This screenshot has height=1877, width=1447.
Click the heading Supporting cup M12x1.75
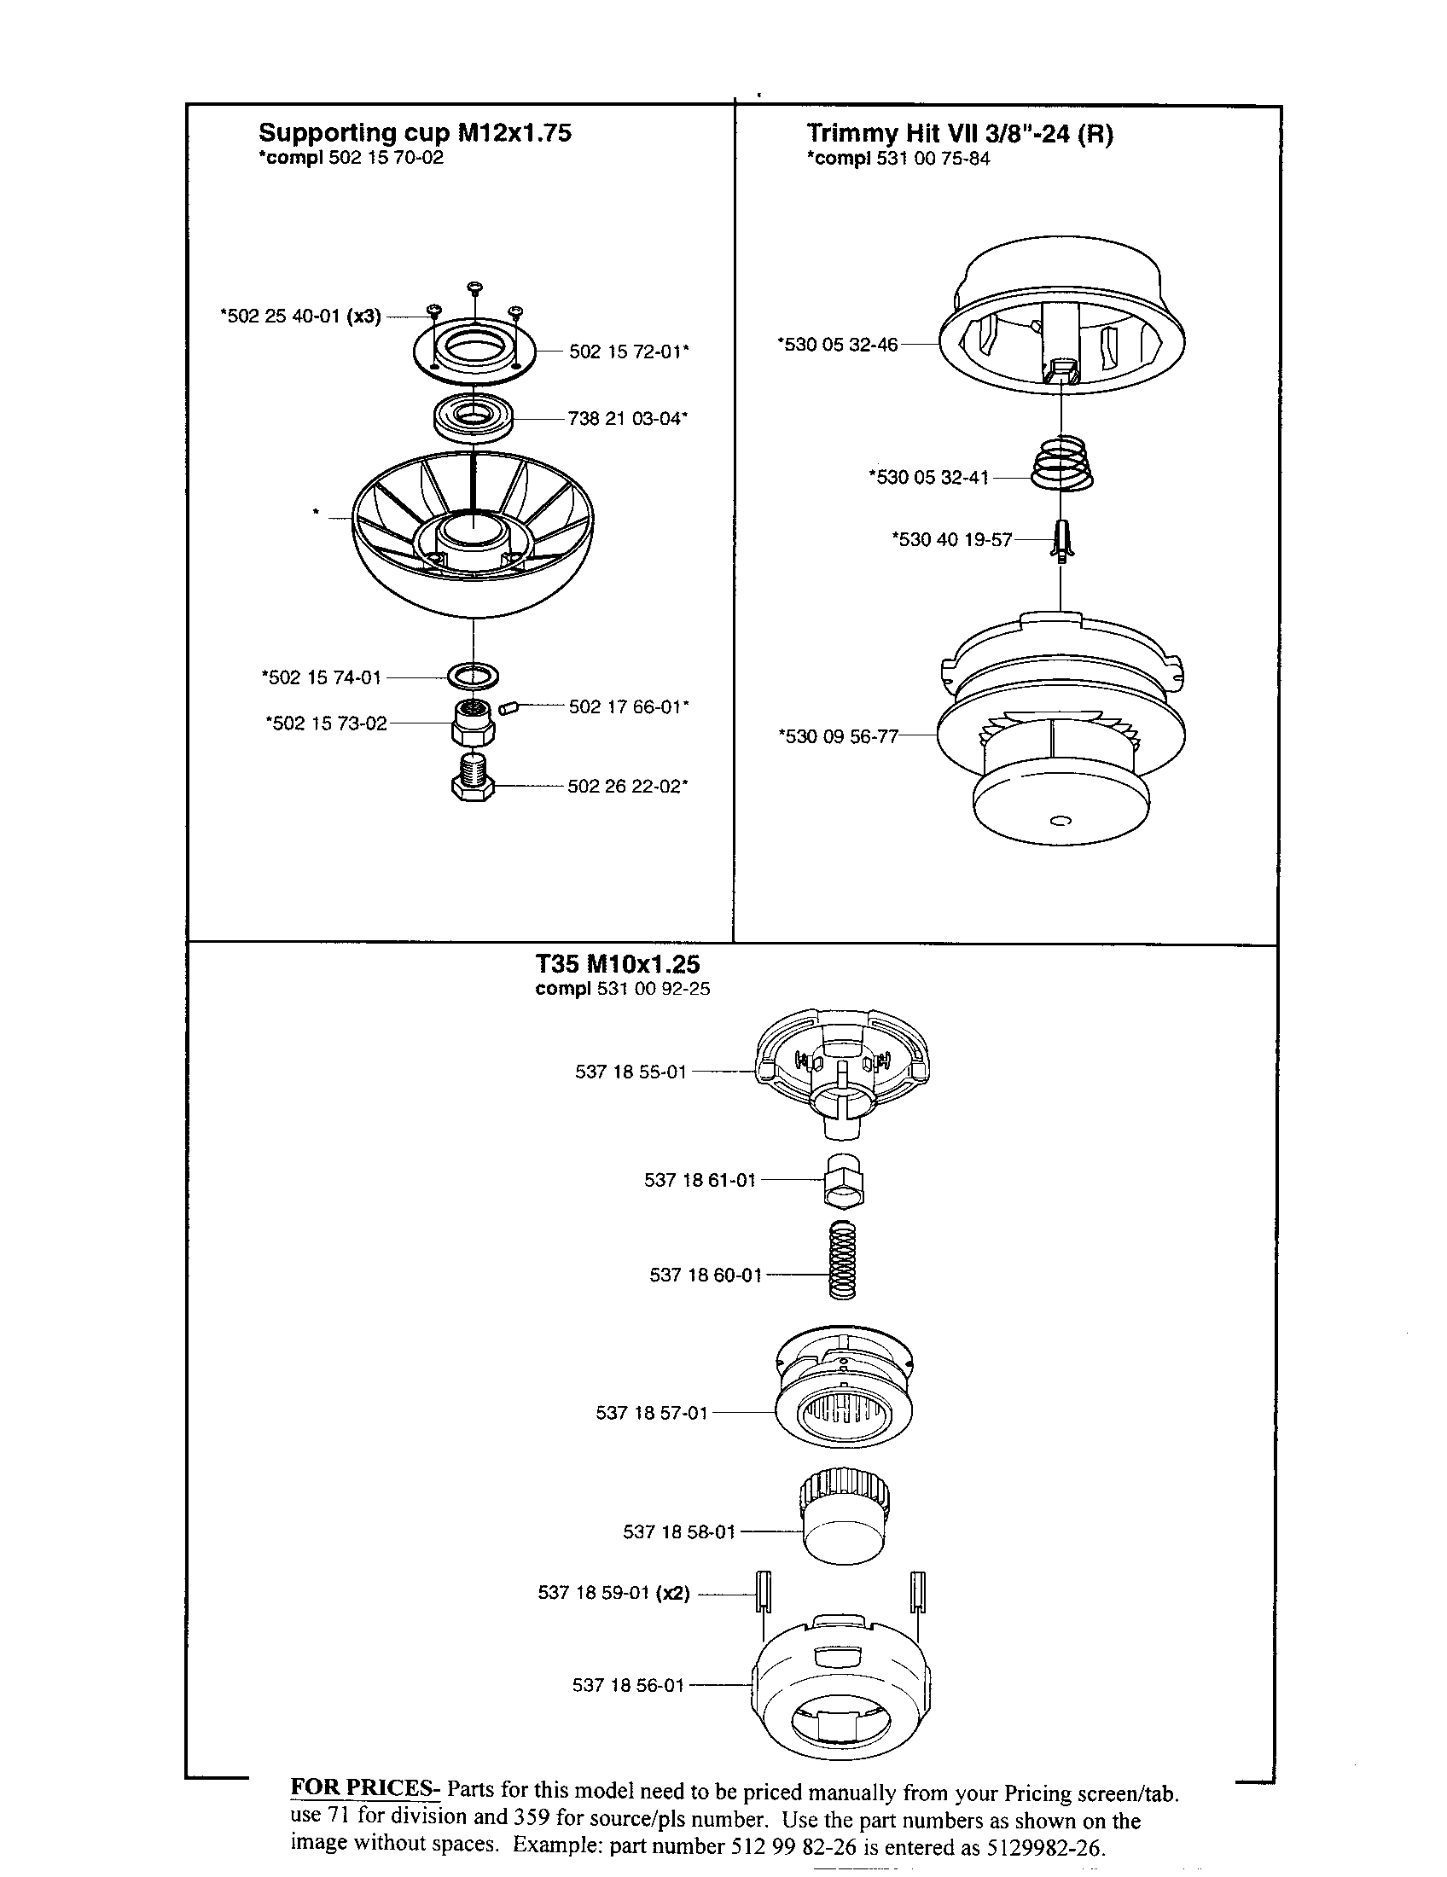(415, 133)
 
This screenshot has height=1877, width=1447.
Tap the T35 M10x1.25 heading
(618, 964)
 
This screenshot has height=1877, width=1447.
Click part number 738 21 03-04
(627, 420)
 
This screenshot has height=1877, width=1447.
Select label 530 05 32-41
(929, 477)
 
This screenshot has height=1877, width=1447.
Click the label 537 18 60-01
(706, 1275)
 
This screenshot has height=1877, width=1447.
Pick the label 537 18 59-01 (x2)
(614, 1593)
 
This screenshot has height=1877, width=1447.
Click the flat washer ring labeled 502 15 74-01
(474, 676)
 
